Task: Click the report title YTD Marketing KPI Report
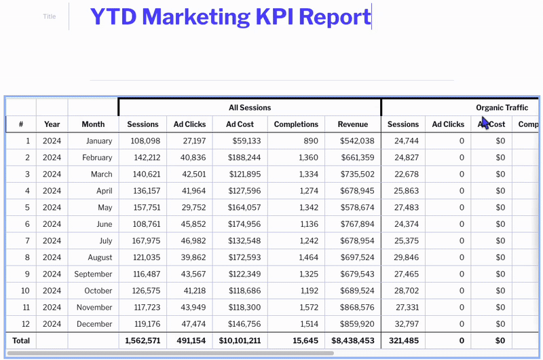click(230, 17)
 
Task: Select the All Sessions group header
click(249, 107)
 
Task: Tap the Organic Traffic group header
click(502, 107)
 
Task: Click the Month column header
click(93, 124)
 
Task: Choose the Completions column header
click(296, 124)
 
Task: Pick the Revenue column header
click(353, 124)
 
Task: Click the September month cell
click(94, 274)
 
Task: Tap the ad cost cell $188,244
click(240, 158)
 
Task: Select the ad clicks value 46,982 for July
click(190, 240)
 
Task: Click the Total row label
click(21, 340)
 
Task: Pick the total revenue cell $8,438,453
click(353, 340)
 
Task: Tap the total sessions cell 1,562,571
click(143, 340)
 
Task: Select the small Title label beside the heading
click(50, 16)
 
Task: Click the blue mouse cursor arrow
click(484, 122)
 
